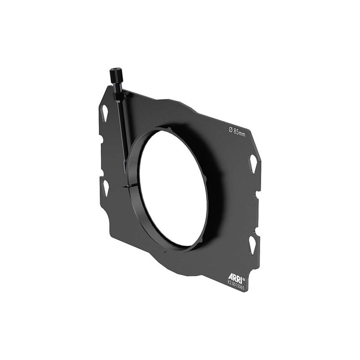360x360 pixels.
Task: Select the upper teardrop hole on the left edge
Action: [104, 113]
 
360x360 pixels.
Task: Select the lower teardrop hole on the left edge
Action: [105, 188]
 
